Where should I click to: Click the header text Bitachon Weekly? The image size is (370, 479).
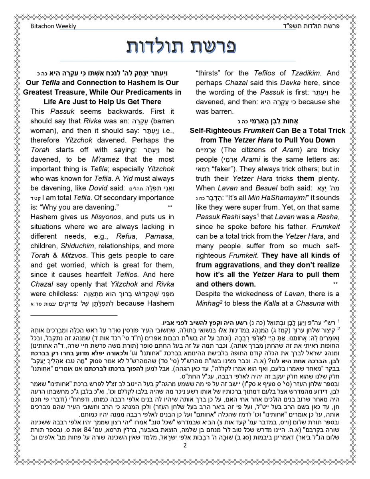[53, 26]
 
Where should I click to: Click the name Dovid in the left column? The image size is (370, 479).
[98, 188]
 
